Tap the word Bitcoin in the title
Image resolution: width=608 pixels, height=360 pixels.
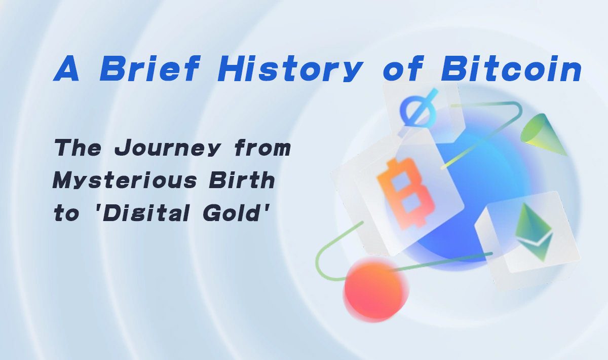point(512,70)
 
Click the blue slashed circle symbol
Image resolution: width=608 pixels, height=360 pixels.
point(419,109)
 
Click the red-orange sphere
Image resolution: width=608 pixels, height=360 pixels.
point(375,290)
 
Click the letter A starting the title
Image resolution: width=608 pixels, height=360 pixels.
point(66,70)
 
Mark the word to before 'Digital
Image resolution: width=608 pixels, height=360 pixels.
point(66,214)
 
